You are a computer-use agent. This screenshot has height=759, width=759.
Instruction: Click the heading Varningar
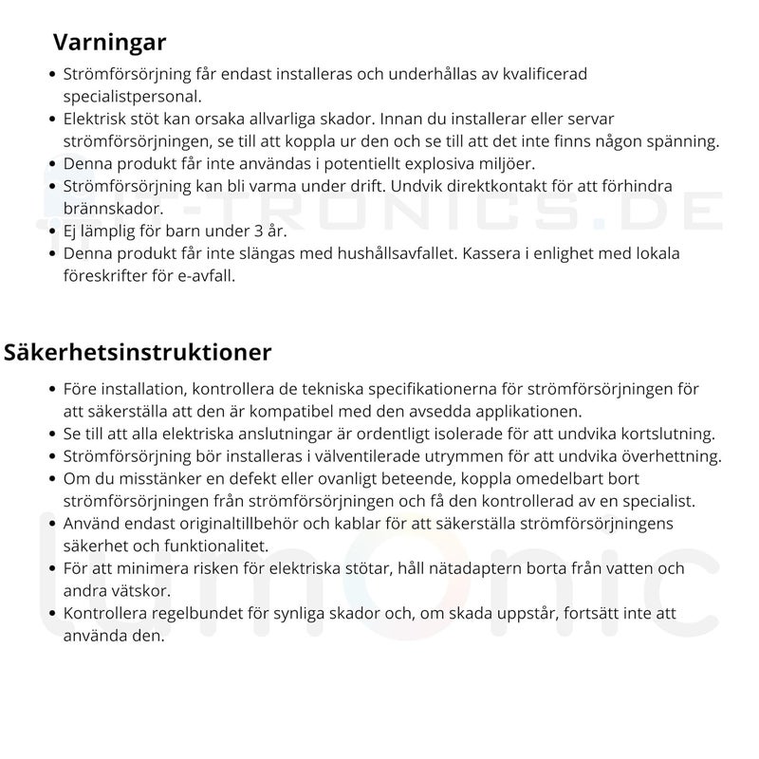click(x=110, y=43)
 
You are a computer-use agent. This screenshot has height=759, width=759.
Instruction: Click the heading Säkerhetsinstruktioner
click(x=138, y=352)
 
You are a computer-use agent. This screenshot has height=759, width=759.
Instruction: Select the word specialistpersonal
click(x=133, y=96)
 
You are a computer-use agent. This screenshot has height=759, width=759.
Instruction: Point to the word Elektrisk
click(x=98, y=120)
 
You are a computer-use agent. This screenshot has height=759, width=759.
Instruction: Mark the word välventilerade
click(x=375, y=456)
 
